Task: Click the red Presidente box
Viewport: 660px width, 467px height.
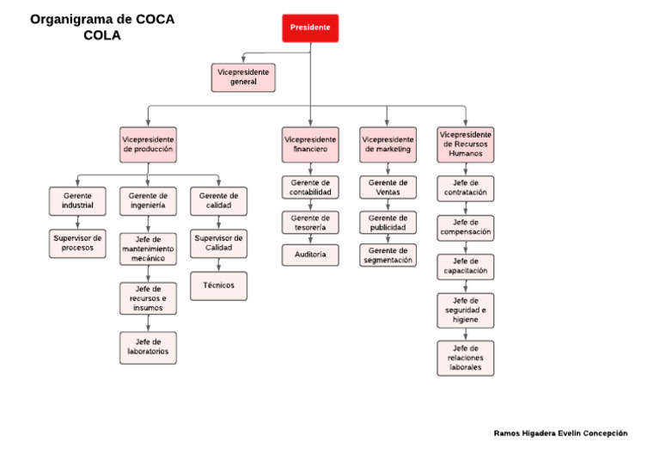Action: (x=310, y=28)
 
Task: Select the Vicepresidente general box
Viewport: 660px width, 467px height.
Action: (x=243, y=77)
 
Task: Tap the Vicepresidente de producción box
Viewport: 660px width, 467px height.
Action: (x=148, y=144)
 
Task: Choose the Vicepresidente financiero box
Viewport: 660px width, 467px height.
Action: (x=310, y=144)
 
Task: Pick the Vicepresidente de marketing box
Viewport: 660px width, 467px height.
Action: (x=388, y=144)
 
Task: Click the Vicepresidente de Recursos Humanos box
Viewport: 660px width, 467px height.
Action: (x=466, y=144)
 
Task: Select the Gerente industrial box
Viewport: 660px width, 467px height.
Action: (x=77, y=201)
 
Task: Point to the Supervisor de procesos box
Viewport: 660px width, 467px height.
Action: (x=77, y=243)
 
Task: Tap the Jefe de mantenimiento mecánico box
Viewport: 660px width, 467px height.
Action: (x=148, y=249)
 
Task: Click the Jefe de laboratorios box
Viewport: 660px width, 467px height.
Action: (x=148, y=347)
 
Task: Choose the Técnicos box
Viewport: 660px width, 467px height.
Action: (x=218, y=286)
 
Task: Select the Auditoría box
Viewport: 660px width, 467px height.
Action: (x=310, y=255)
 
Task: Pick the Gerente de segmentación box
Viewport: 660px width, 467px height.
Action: (x=388, y=255)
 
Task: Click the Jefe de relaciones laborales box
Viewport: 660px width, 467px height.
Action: (x=466, y=358)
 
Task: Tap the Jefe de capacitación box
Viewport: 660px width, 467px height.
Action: (x=466, y=267)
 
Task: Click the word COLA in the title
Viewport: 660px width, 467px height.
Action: (x=102, y=35)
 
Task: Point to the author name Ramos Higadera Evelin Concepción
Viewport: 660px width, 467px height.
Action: (x=560, y=433)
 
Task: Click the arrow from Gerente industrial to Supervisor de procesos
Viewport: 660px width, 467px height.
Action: (x=77, y=223)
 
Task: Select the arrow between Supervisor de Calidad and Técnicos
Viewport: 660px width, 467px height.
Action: (x=218, y=265)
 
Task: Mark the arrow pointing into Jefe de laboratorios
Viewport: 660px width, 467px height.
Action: (x=148, y=323)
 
